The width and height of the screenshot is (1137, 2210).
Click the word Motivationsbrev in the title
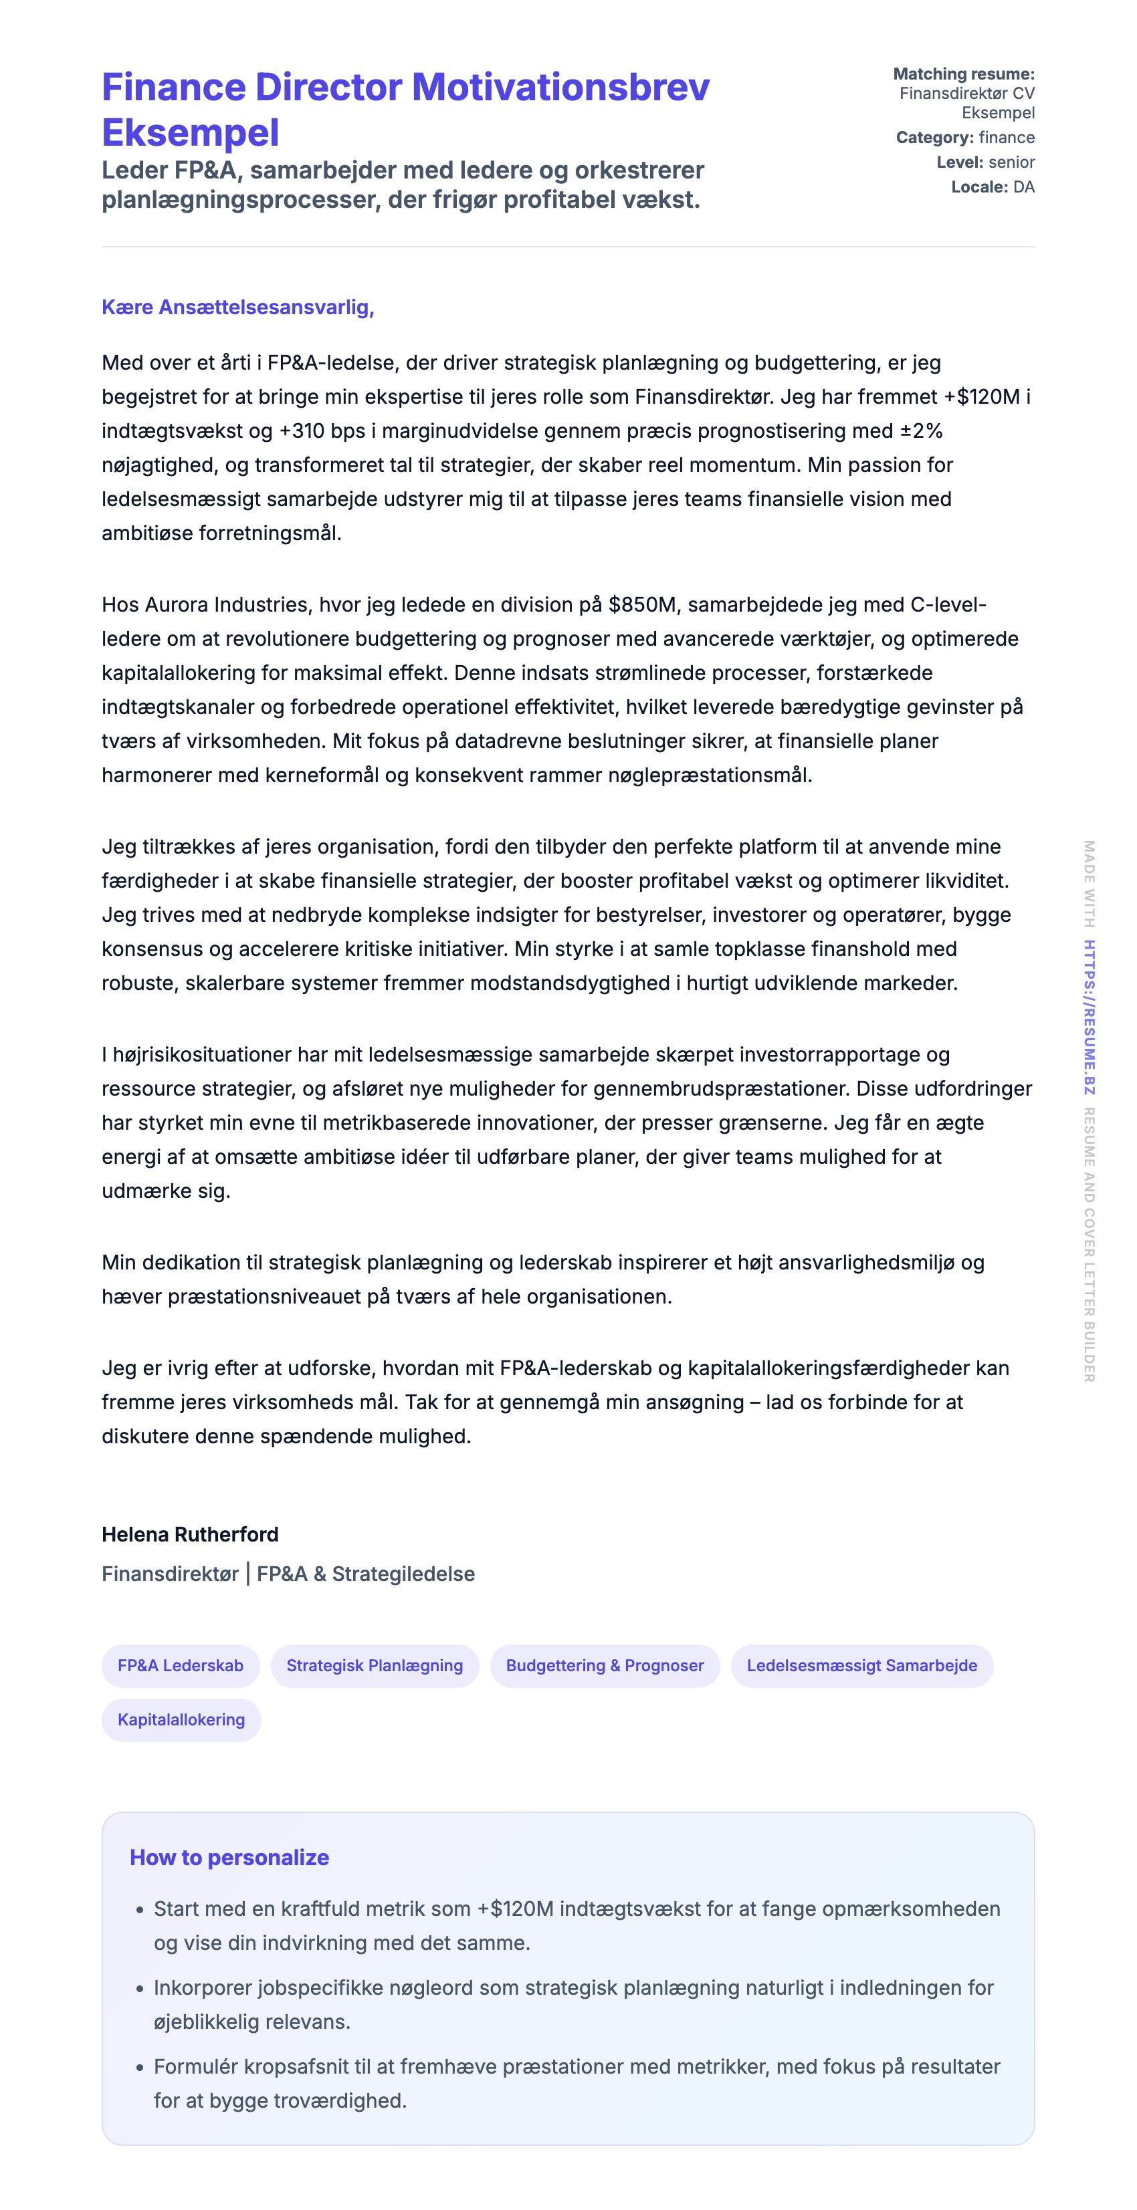560,88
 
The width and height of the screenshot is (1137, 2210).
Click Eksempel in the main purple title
191,133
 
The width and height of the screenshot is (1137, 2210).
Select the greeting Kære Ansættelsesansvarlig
237,307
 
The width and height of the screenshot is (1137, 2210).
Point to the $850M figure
642,605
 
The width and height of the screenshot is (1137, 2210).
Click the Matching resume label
964,74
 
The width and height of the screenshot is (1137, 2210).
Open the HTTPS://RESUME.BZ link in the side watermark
1088,1017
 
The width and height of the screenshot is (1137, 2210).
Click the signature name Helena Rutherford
190,1534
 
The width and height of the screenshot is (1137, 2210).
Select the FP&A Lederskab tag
180,1665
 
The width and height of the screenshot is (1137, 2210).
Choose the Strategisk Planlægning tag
374,1665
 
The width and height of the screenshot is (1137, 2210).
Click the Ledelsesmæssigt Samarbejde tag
861,1665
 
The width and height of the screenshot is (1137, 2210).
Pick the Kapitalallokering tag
181,1719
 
